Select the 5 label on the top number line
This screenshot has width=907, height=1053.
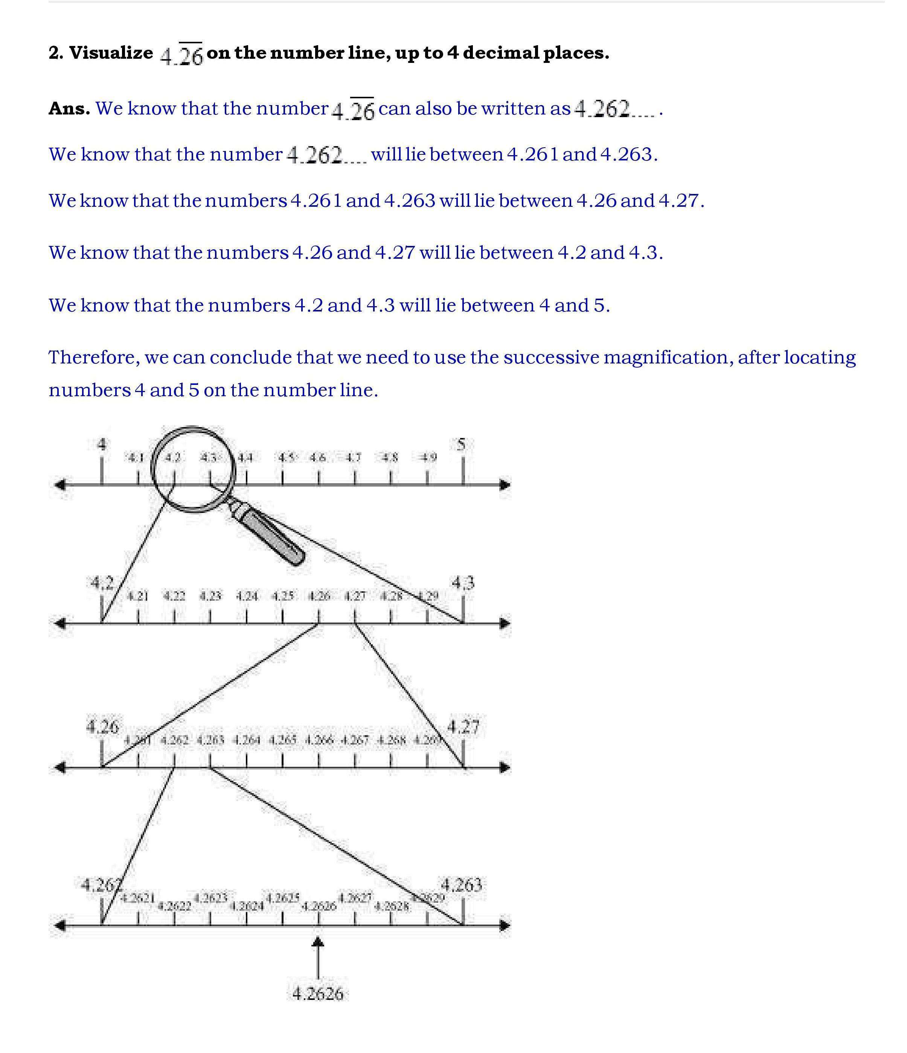point(461,445)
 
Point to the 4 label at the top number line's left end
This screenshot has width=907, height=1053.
point(102,445)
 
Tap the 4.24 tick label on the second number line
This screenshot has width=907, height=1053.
point(247,596)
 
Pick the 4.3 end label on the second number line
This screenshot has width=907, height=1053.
point(463,582)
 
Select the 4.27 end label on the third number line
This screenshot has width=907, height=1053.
point(463,727)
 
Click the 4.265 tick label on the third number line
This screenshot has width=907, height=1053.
point(282,740)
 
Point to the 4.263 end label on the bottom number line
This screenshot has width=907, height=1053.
point(461,885)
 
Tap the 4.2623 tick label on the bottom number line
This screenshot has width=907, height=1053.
point(210,898)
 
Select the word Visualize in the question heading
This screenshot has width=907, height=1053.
point(111,53)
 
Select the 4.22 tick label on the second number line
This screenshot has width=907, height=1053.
point(174,596)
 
